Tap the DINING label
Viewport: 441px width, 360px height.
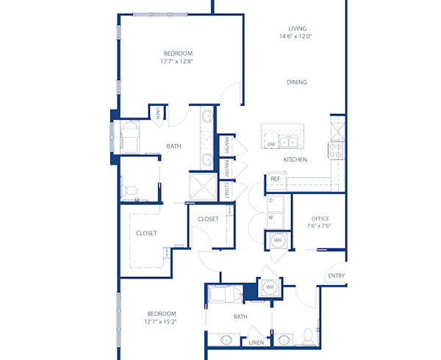pos(297,82)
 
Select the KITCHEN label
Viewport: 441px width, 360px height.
pos(295,160)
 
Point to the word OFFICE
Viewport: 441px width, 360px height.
pos(320,218)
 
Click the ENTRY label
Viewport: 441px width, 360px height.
pos(337,276)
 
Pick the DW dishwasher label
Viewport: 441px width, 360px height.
pos(271,144)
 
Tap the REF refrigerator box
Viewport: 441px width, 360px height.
pos(276,179)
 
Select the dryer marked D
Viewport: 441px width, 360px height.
pos(271,200)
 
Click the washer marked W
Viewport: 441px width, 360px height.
pos(271,217)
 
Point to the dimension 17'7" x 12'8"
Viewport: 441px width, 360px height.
pos(178,62)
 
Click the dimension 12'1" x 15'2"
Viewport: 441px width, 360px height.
pos(162,321)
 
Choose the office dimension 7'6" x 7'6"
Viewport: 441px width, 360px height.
pos(320,226)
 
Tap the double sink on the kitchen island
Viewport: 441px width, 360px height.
pos(289,142)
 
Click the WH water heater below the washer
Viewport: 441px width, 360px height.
pos(277,240)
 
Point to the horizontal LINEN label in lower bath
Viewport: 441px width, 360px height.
pos(256,343)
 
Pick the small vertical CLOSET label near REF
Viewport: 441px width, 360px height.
pos(226,192)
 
